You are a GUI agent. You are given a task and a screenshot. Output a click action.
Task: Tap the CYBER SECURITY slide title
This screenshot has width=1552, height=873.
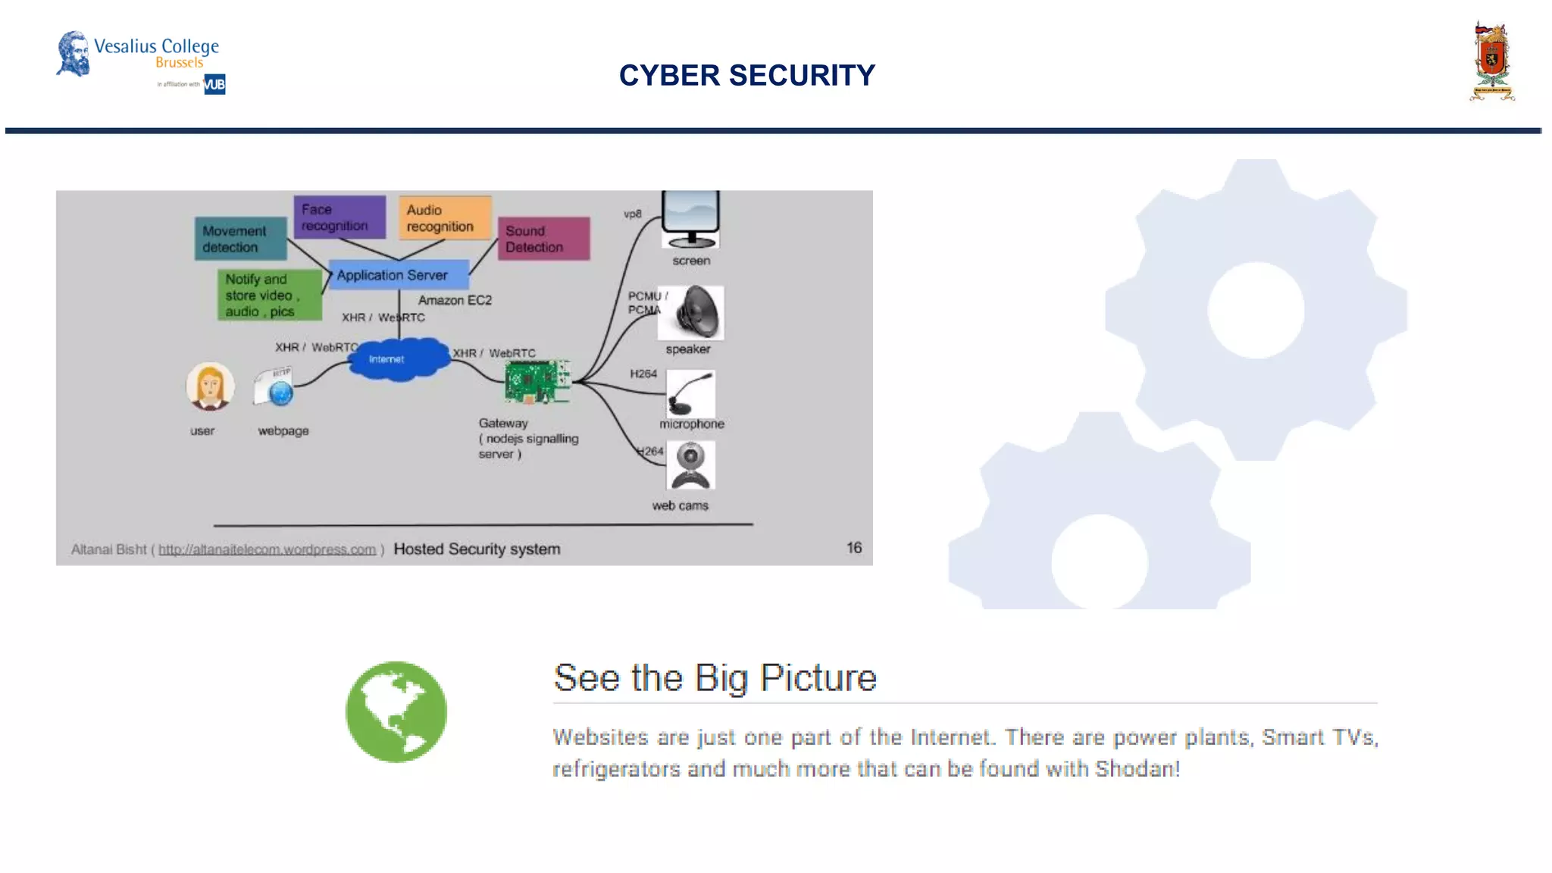click(x=746, y=75)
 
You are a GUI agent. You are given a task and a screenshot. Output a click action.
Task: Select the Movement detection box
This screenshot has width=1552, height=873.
click(x=239, y=239)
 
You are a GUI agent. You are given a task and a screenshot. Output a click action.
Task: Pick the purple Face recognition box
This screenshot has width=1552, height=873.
click(x=339, y=217)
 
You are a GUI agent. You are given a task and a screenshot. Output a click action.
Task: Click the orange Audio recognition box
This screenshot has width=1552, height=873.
click(x=445, y=218)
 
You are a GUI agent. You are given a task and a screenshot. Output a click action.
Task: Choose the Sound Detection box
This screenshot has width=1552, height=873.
click(x=543, y=239)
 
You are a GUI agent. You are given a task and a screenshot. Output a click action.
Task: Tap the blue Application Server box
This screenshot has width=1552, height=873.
click(x=397, y=275)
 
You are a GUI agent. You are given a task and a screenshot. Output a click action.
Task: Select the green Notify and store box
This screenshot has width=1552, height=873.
click(x=268, y=295)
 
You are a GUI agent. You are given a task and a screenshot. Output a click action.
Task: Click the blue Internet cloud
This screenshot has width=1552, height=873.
click(x=398, y=358)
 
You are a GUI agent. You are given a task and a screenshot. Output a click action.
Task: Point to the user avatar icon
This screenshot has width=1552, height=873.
click(x=210, y=386)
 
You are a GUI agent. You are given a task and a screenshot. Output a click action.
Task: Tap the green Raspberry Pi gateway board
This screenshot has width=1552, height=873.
click(x=537, y=382)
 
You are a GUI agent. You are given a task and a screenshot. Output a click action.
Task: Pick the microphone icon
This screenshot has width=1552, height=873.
click(x=690, y=393)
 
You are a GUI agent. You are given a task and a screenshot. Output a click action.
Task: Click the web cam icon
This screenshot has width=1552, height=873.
click(x=690, y=466)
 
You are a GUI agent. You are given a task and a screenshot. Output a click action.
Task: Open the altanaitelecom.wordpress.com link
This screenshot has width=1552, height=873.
click(x=267, y=549)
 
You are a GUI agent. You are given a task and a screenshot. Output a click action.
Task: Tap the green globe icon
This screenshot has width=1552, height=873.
click(x=396, y=712)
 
